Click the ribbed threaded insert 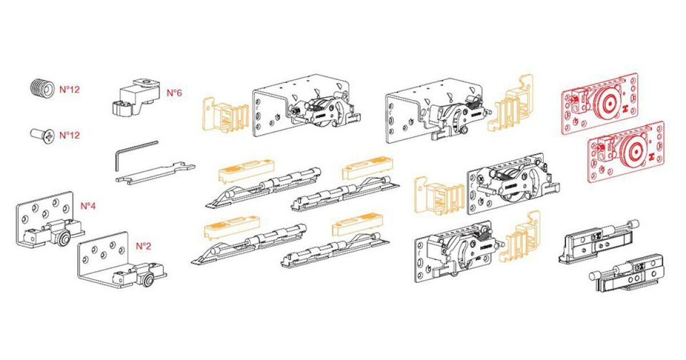[42, 89]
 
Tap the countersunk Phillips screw [42, 135]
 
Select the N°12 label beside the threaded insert [70, 90]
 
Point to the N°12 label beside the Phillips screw [70, 135]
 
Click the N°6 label [174, 93]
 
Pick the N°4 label [88, 206]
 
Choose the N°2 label [143, 246]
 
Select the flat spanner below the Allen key [155, 174]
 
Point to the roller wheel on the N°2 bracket [149, 281]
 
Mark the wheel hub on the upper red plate [609, 103]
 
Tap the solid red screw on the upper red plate [573, 99]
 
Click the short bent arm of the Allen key [117, 161]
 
